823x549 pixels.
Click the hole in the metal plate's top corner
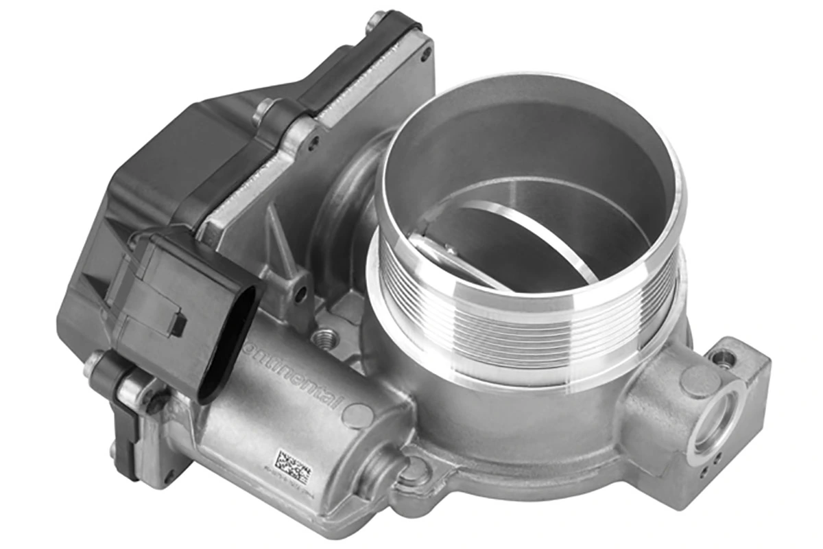coord(426,52)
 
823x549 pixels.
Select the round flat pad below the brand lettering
coord(357,415)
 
